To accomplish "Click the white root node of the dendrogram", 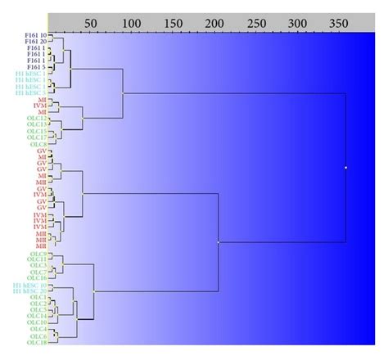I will (x=345, y=168).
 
